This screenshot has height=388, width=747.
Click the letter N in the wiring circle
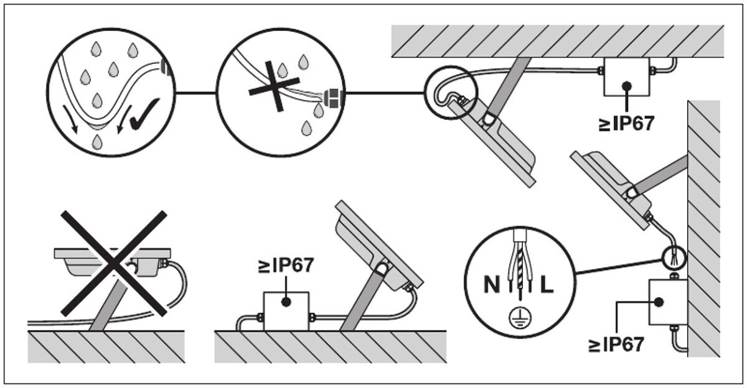[492, 284]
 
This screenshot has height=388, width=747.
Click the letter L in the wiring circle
[547, 284]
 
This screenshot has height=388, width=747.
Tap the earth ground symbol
[520, 315]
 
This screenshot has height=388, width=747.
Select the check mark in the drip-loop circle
[144, 114]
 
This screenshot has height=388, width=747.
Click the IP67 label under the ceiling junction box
[626, 124]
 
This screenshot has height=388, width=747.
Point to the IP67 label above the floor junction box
[286, 266]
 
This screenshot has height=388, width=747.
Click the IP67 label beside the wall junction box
[616, 344]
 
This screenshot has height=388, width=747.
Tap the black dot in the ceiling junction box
[627, 86]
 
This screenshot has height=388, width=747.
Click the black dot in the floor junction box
[286, 302]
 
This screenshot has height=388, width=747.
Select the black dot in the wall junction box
[659, 302]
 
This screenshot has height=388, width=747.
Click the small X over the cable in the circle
[275, 86]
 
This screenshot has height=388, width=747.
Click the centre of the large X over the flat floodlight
[114, 264]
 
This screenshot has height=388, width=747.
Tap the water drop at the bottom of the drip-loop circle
[96, 142]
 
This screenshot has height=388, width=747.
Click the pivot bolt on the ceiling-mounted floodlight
[489, 119]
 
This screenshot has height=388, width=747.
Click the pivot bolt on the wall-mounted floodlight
[632, 193]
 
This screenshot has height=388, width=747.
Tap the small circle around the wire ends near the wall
[674, 257]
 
